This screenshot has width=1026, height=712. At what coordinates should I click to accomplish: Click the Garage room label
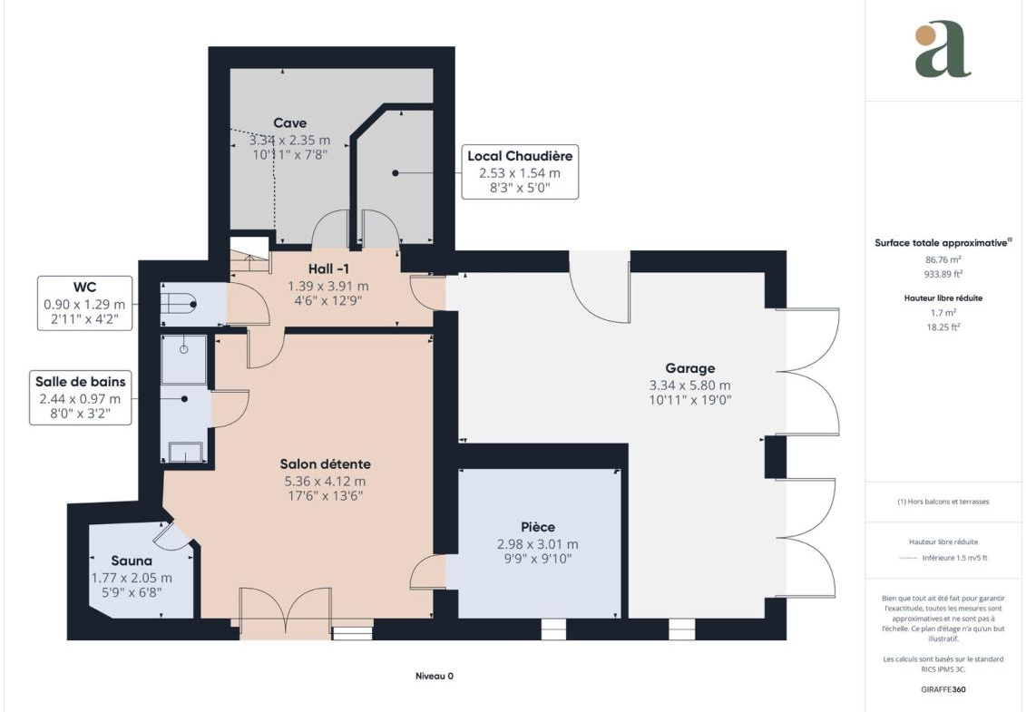(x=689, y=368)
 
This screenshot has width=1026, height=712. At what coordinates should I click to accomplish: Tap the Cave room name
(x=290, y=123)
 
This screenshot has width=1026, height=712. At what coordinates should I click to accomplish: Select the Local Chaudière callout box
(x=520, y=172)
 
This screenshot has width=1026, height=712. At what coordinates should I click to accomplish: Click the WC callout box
(x=84, y=303)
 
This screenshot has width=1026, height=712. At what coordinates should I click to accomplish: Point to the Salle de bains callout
(x=81, y=397)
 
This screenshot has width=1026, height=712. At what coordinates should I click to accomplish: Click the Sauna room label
(x=132, y=561)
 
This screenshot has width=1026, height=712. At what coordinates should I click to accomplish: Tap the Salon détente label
(x=325, y=464)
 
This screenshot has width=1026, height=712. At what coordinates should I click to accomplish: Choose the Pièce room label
(x=538, y=527)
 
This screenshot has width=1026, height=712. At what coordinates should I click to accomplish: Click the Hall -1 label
(x=328, y=269)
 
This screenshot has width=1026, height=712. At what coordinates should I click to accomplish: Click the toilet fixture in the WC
(x=179, y=304)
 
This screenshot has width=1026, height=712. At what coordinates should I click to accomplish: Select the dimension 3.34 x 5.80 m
(x=689, y=385)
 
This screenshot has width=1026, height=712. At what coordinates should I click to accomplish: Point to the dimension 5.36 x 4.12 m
(x=325, y=481)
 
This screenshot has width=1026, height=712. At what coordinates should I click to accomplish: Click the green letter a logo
(x=943, y=49)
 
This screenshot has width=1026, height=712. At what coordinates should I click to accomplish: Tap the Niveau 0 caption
(x=435, y=676)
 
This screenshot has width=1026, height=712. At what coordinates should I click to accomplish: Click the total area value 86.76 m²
(x=943, y=259)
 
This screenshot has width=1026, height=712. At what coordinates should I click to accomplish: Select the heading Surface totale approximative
(x=943, y=243)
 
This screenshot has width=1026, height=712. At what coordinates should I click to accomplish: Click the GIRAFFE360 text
(x=943, y=689)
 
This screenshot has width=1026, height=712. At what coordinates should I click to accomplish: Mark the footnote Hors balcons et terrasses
(x=943, y=502)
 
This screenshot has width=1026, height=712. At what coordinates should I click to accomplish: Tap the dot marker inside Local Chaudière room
(x=396, y=172)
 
